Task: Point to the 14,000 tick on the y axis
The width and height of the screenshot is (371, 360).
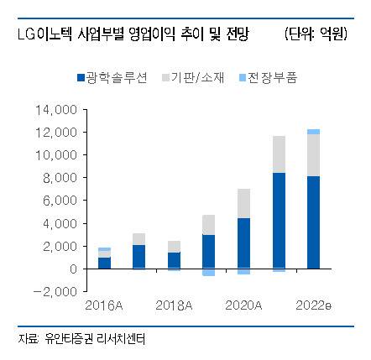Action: [60, 110]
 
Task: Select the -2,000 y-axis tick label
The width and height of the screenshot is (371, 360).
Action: [60, 291]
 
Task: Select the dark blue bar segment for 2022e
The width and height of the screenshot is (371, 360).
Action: [313, 222]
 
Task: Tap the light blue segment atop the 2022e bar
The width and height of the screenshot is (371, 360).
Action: [313, 132]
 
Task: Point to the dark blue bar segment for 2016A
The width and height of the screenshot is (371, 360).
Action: [105, 263]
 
